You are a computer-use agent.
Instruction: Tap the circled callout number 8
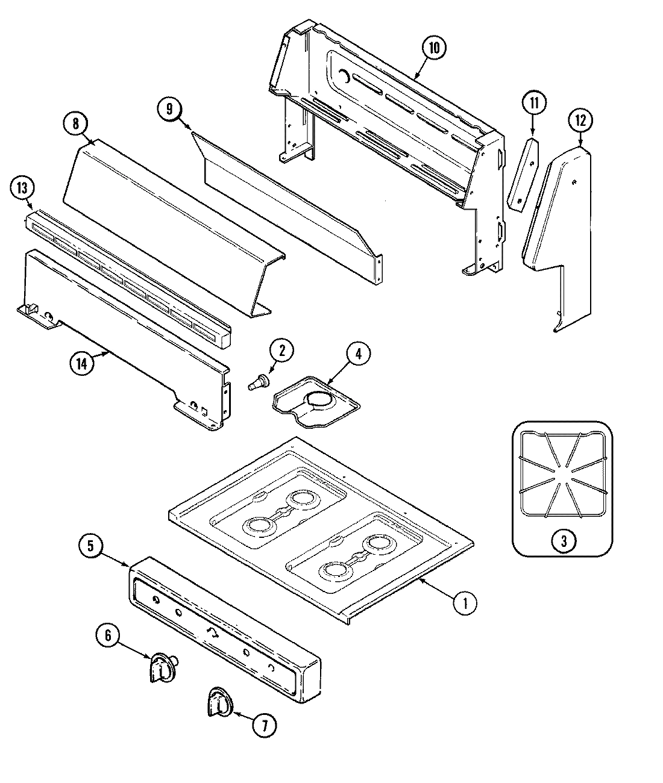[75, 123]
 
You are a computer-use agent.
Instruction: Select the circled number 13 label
[22, 188]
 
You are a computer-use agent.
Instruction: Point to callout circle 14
[82, 364]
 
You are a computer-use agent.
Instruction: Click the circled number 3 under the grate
[563, 540]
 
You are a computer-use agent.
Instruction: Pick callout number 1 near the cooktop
[465, 602]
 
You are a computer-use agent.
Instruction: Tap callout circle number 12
[580, 121]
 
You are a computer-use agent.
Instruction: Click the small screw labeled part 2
[260, 381]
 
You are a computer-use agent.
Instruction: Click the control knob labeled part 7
[218, 702]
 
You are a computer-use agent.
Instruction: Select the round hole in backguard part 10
[343, 76]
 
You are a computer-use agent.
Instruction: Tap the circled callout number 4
[358, 355]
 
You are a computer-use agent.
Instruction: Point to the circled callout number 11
[533, 103]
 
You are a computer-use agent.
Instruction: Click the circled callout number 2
[281, 351]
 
